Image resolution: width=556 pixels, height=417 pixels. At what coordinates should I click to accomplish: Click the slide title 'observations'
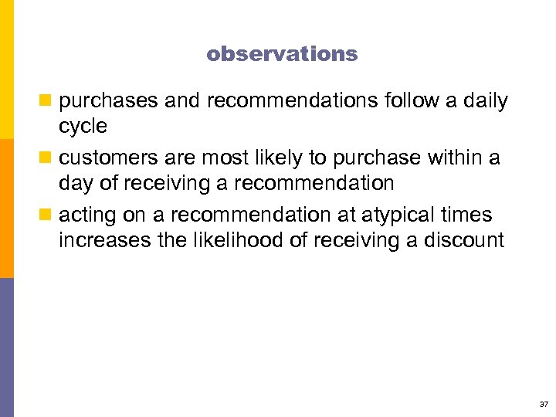[x=282, y=54]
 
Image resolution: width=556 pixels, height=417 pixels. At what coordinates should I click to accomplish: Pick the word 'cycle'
[x=83, y=126]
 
